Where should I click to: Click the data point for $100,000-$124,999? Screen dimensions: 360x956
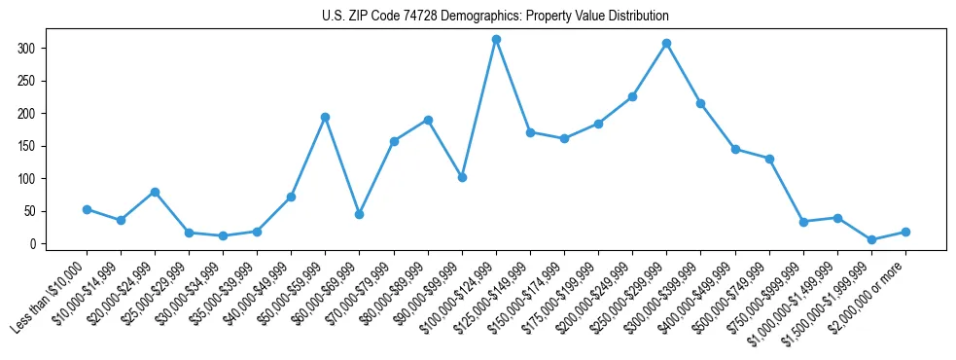[x=496, y=39]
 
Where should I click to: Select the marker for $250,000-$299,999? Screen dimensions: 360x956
[x=666, y=43]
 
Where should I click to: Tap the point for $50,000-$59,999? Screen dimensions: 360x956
[x=325, y=117]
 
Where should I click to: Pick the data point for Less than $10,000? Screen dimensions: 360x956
[x=87, y=209]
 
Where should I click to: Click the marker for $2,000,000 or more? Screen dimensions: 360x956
[x=905, y=232]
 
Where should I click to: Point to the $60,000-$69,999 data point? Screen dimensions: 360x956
[x=359, y=214]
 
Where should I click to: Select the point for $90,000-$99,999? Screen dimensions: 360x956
[x=462, y=177]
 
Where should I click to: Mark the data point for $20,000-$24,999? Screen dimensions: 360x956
[x=155, y=192]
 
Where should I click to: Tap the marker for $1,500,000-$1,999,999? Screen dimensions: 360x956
[x=871, y=239]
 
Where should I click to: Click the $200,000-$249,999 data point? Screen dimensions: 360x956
[x=632, y=96]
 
